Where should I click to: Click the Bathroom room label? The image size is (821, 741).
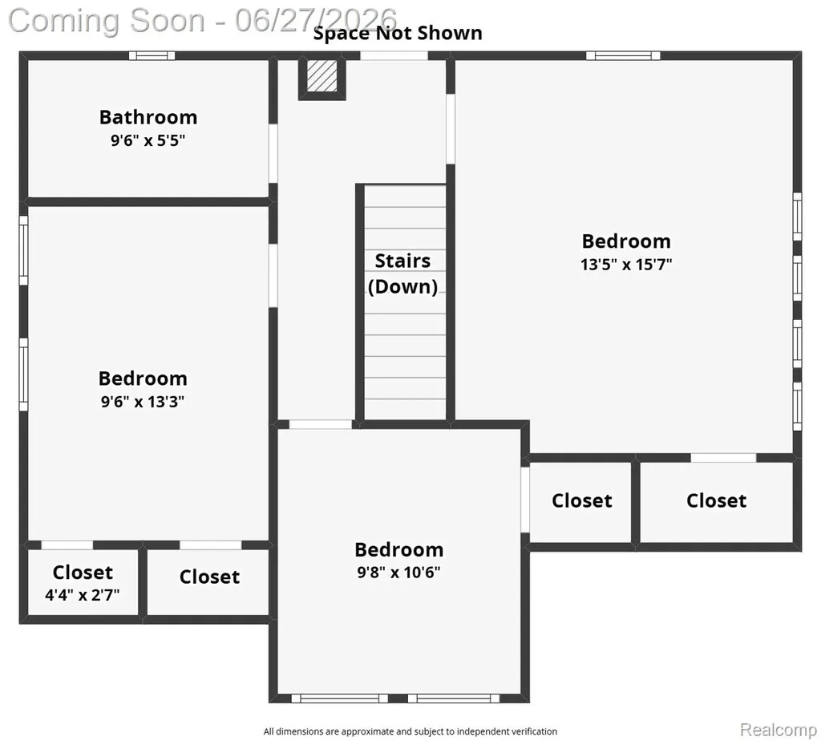tap(148, 117)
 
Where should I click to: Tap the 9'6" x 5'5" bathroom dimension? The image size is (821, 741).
tap(148, 140)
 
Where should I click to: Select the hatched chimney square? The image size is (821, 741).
tap(322, 76)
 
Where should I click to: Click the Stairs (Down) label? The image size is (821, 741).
tap(402, 273)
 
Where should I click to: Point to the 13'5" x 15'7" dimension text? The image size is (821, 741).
tap(626, 265)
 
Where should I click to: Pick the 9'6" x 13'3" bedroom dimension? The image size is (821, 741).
tap(143, 402)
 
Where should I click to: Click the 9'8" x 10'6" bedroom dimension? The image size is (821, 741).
tap(399, 573)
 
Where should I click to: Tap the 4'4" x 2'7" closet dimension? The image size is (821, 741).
tap(83, 595)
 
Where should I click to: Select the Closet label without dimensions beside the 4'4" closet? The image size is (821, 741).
tap(209, 577)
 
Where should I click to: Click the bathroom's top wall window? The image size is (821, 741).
tap(152, 55)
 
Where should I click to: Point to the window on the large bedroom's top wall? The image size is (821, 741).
tap(623, 55)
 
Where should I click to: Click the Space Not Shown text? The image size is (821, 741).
tap(398, 33)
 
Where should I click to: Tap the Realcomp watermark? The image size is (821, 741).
tap(778, 730)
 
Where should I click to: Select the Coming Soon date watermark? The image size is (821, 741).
tap(202, 20)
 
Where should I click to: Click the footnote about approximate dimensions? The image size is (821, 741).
tap(410, 731)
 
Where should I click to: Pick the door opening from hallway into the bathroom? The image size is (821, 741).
tap(273, 153)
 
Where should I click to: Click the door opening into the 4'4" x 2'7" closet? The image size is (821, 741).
tap(67, 545)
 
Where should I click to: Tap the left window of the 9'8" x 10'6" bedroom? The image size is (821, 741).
tap(340, 698)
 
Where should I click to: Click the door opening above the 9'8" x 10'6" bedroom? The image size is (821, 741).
tap(321, 424)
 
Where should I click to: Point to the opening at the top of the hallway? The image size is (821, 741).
tap(394, 55)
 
